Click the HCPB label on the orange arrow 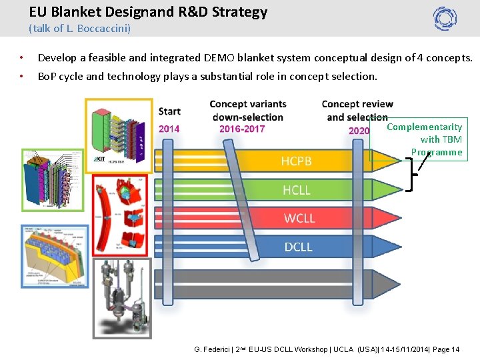tap(296, 161)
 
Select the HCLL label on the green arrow tap(297, 190)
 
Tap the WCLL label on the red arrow tap(299, 219)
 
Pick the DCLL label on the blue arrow tap(298, 247)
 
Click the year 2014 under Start tap(169, 129)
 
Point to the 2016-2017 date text tap(241, 129)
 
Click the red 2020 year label tap(359, 131)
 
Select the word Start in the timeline tap(169, 111)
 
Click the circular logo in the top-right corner tap(445, 18)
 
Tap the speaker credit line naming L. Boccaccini tap(79, 29)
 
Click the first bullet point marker tap(22, 58)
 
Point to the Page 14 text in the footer tap(447, 349)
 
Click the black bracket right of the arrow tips tap(411, 175)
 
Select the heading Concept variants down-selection tap(247, 111)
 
